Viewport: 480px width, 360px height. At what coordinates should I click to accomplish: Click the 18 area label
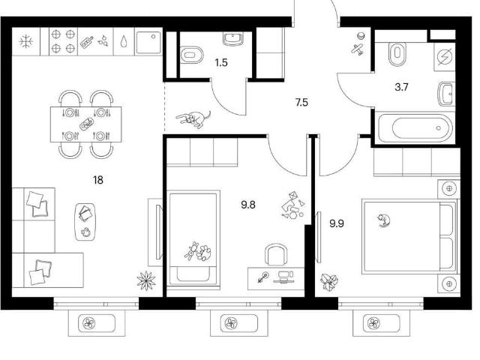coord(98,180)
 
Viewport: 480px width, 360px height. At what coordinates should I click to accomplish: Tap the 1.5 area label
coord(221,63)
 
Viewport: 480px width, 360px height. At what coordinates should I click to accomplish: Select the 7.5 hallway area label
coord(301,102)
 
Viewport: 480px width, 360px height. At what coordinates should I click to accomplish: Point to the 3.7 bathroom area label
coord(401,87)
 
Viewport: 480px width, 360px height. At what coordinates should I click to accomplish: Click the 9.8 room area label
coord(248,205)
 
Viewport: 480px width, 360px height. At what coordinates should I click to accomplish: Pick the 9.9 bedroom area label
coord(337,223)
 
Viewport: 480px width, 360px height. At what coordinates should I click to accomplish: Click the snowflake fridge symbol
coord(26,41)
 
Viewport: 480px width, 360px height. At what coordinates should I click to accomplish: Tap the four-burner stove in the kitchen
coord(63,41)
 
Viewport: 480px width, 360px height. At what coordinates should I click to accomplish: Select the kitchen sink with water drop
coord(123,41)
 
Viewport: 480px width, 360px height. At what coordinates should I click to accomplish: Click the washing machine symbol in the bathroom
coord(444,57)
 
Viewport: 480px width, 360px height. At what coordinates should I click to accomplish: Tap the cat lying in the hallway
coord(193,118)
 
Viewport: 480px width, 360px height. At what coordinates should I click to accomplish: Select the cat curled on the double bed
coord(383,220)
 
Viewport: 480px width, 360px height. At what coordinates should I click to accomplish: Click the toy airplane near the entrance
coord(358,49)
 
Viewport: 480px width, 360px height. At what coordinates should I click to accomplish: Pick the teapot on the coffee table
coord(86,232)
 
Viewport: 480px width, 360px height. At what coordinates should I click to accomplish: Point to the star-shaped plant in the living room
coord(146,280)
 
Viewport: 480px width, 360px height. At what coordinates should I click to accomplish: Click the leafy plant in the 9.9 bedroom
coord(329,282)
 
